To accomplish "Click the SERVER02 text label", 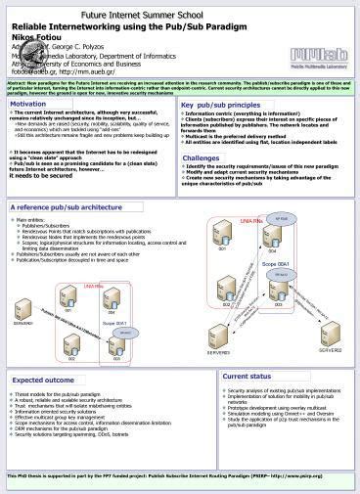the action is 330,349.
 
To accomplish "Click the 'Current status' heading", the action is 247,376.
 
